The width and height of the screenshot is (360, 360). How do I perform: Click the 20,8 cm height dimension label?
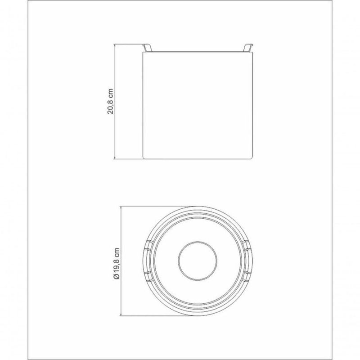110,101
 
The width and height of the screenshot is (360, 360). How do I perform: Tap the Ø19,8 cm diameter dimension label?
117,263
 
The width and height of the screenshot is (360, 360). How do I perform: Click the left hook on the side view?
147,48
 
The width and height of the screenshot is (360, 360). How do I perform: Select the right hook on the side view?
248,48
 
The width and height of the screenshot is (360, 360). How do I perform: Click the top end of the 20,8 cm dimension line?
115,45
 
